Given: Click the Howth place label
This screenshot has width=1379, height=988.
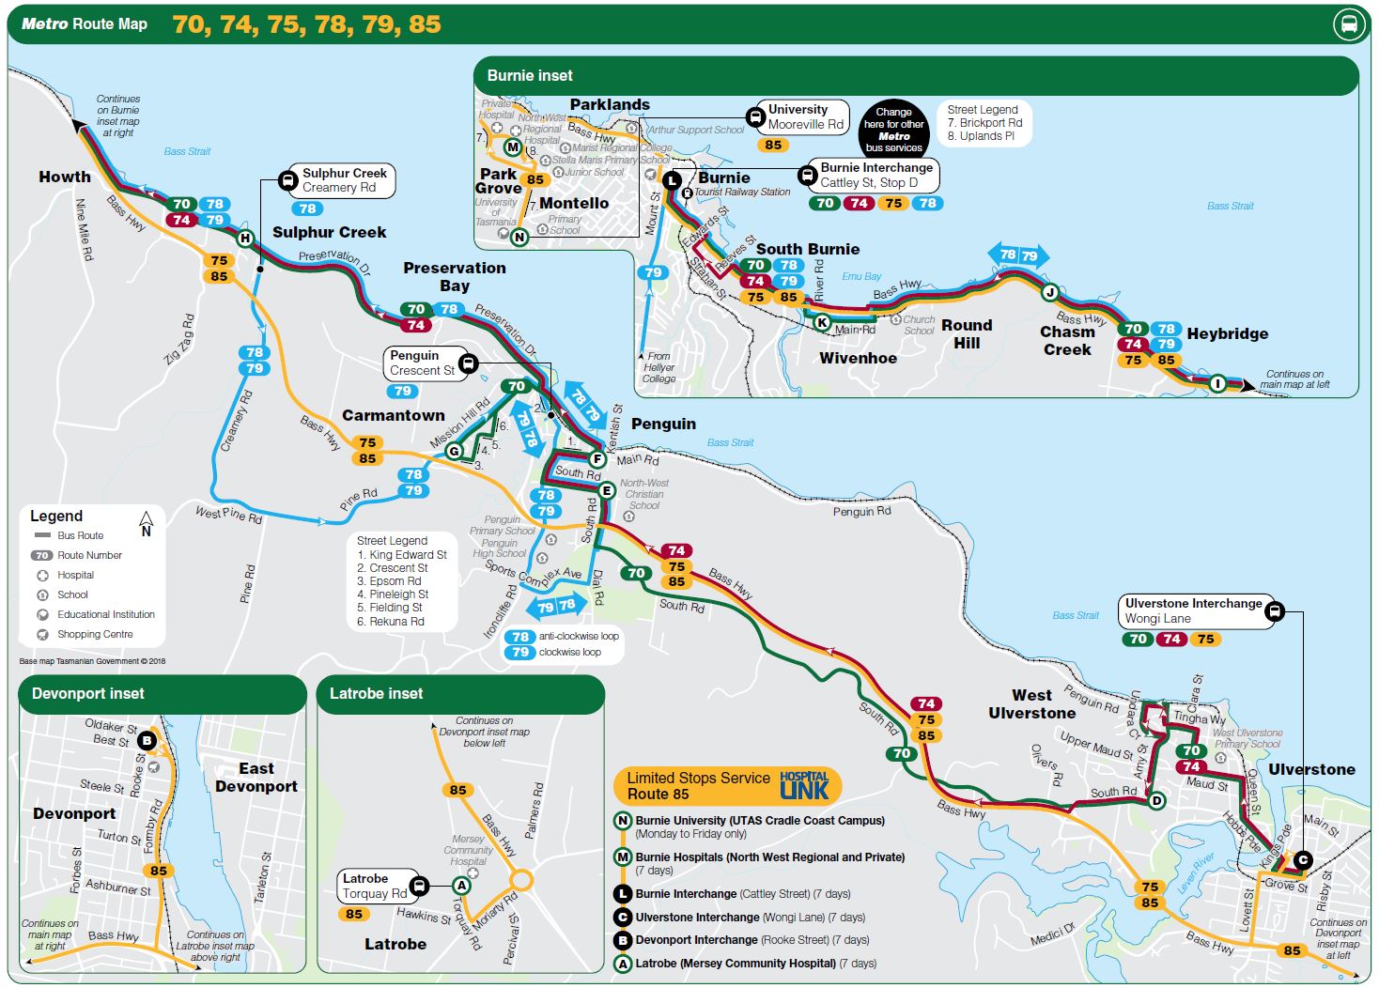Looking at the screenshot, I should point(65,177).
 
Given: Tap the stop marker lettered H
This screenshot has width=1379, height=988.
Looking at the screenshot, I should point(245,238).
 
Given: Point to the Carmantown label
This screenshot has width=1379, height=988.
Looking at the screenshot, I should point(393,415).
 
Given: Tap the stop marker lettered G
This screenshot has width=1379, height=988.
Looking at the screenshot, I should point(454,452).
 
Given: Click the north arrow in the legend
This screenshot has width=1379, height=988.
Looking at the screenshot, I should point(146,523).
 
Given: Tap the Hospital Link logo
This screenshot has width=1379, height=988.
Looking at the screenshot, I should point(804,785).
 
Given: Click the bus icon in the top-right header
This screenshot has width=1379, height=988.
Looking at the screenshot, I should point(1349,24).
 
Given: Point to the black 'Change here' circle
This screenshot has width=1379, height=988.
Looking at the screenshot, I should point(893,130).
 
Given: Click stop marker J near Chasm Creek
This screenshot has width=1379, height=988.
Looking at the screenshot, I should point(1050,292).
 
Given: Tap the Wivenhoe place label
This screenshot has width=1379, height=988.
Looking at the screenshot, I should point(858,358).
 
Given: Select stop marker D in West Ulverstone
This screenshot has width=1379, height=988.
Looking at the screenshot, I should point(1156,800).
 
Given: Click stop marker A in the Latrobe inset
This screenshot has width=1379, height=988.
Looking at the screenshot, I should point(461,885).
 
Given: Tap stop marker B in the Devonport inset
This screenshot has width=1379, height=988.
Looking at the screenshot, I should point(147,741).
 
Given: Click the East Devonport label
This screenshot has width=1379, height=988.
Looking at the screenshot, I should point(256,778).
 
